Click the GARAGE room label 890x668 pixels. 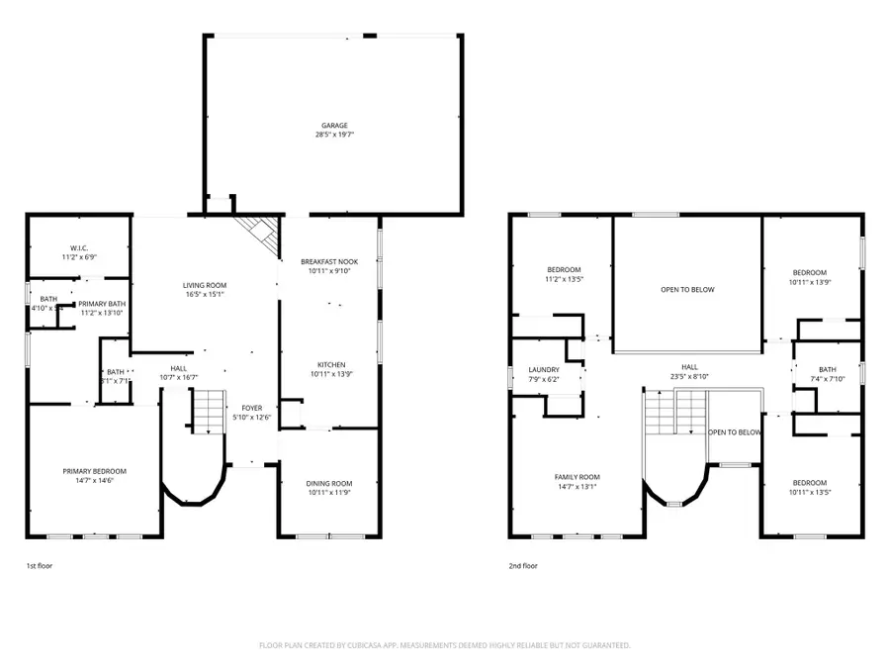coord(333,126)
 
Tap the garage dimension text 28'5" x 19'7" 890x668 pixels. coord(333,134)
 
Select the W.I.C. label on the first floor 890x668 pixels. coord(79,248)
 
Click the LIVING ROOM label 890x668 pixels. coord(205,285)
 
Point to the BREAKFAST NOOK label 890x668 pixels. coord(329,261)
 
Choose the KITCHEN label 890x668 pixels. coord(329,365)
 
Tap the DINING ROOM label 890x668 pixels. coord(329,483)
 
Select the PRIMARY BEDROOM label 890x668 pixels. coord(94,471)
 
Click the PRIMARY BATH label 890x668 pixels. coord(102,304)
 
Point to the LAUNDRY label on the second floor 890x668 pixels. coord(544,370)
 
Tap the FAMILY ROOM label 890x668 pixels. coord(577,477)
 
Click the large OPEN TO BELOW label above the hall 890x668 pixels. coord(687,290)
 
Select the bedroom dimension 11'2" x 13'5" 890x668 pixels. coord(564,279)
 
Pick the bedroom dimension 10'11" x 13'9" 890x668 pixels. coord(810,282)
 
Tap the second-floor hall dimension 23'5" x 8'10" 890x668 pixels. coord(688,376)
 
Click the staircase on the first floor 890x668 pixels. coord(208,412)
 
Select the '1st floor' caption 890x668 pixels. coord(39,567)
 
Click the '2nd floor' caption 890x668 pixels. coord(523,567)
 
